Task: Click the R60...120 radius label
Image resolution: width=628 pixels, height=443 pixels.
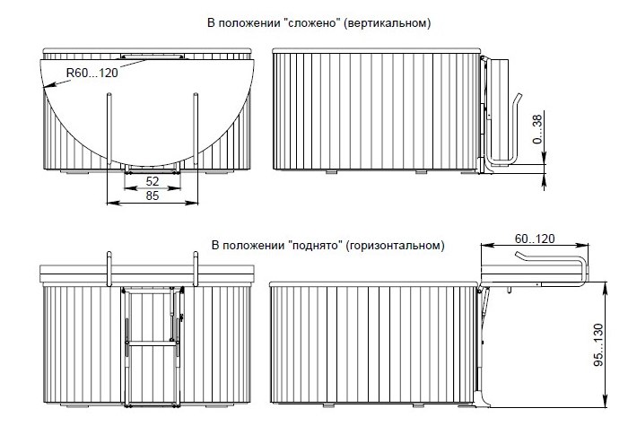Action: coord(92,73)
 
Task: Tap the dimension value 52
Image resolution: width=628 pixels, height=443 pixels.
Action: coord(153,181)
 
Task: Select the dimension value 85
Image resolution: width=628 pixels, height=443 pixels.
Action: coord(153,195)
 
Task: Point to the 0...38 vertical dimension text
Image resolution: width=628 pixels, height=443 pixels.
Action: coord(537,129)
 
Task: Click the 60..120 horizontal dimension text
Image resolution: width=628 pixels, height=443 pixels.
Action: coord(535,239)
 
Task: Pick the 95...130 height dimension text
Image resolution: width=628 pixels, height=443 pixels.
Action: coord(598,344)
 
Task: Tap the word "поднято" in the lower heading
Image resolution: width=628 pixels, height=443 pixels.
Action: coord(317,245)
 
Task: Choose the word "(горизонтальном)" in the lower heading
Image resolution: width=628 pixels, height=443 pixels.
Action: coord(395,246)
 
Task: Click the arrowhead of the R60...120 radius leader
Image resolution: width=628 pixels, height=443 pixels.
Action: coord(46,85)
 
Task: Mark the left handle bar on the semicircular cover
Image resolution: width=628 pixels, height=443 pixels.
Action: coord(109,129)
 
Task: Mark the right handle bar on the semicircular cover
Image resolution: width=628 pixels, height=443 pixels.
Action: coord(196,129)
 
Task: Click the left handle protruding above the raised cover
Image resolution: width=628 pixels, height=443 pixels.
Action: coord(109,269)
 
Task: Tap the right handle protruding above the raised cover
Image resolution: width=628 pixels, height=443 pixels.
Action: coord(196,269)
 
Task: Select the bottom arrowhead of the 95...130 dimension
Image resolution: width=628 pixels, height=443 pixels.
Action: coord(605,402)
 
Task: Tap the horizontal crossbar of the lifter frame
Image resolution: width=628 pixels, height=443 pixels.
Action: coord(153,343)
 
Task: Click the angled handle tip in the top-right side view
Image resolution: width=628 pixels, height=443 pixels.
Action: coord(519,97)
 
